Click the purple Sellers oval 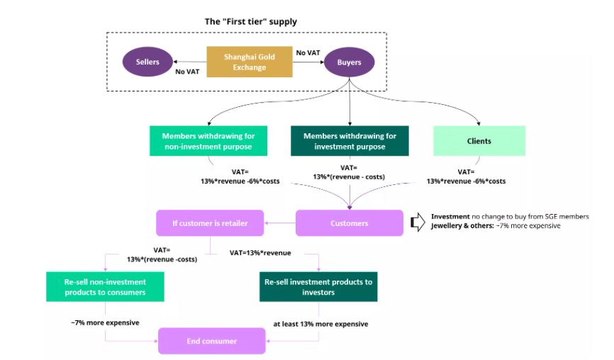click(x=147, y=62)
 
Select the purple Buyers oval click(x=349, y=62)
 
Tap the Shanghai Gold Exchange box click(x=249, y=62)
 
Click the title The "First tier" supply click(x=251, y=21)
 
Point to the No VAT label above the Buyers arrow click(x=308, y=52)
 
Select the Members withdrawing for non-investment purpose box click(x=208, y=141)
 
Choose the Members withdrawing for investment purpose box click(x=350, y=141)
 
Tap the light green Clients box click(x=479, y=141)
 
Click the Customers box click(x=350, y=223)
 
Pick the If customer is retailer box click(x=210, y=223)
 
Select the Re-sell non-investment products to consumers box click(x=106, y=287)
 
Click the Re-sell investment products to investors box click(x=318, y=287)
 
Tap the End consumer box click(x=212, y=341)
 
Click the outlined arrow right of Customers click(x=418, y=223)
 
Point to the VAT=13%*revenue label click(x=260, y=252)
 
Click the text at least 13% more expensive click(x=320, y=324)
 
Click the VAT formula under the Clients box click(x=466, y=176)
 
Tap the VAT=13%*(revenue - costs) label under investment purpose click(x=350, y=172)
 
